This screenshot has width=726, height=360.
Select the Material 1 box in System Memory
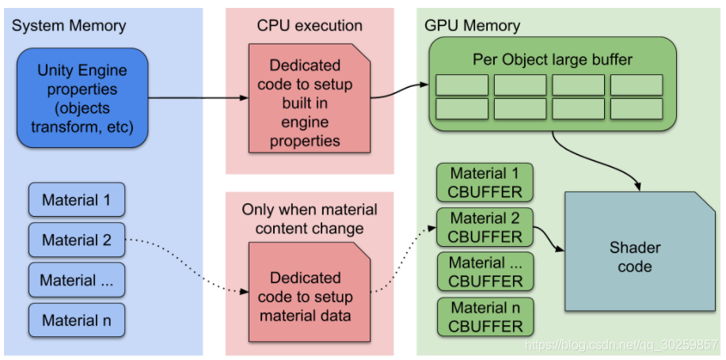[x=76, y=200]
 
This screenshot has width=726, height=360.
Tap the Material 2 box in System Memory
[x=76, y=240]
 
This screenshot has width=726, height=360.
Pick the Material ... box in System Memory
[x=76, y=280]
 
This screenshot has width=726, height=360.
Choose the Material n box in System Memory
[x=76, y=320]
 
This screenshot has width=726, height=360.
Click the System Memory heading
[x=69, y=25]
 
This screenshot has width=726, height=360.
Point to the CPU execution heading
[x=310, y=25]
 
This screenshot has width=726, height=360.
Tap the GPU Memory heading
[x=473, y=25]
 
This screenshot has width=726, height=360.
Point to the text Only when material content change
[x=310, y=219]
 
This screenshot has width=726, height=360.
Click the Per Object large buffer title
[x=553, y=59]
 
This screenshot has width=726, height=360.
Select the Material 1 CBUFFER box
[x=485, y=183]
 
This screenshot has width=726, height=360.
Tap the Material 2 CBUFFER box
[x=485, y=227]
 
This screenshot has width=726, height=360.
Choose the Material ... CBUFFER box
[x=485, y=271]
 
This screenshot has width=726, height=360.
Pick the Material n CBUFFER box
[x=485, y=316]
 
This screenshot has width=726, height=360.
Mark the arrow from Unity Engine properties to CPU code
[x=198, y=98]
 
